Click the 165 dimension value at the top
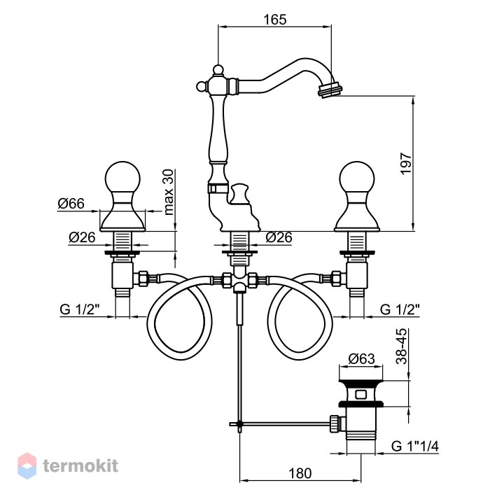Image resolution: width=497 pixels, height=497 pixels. point(275,20)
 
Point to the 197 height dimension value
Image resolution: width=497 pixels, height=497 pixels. point(406,163)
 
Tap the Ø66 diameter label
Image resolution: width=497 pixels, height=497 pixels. point(71,204)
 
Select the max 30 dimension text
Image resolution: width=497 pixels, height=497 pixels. point(169,192)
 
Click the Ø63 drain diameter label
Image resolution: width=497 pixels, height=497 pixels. point(362,359)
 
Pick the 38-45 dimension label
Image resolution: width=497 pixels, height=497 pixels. point(402,346)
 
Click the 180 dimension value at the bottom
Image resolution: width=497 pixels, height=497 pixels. point(300,473)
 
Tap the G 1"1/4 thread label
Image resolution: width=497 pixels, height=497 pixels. point(415,446)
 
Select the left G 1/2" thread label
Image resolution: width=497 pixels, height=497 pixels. point(80,309)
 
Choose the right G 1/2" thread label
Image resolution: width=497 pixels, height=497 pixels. point(400,309)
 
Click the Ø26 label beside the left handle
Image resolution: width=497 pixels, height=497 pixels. point(82,237)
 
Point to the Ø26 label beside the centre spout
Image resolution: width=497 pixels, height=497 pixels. point(279,237)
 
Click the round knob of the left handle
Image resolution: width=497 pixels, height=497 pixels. point(122,178)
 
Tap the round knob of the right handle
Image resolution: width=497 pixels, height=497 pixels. point(356,178)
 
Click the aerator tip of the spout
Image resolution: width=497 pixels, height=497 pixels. point(330,90)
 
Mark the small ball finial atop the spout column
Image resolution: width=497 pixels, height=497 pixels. point(218,69)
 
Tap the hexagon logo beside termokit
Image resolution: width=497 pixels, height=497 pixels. point(27,465)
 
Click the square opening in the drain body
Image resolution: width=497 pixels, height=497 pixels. point(361,394)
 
